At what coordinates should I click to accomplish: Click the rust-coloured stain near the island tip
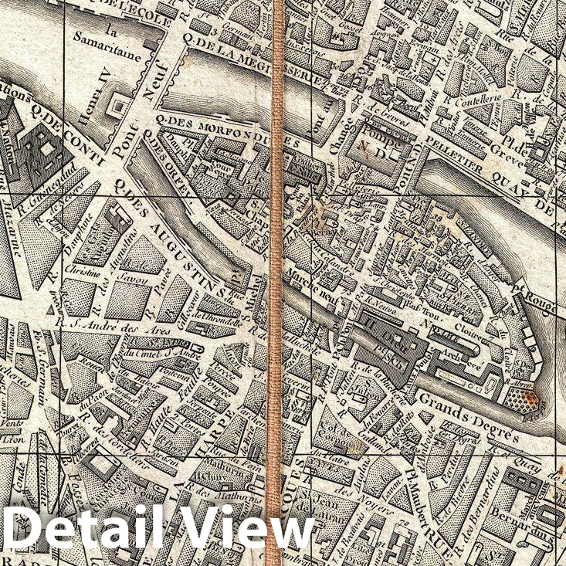pos(530,398)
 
